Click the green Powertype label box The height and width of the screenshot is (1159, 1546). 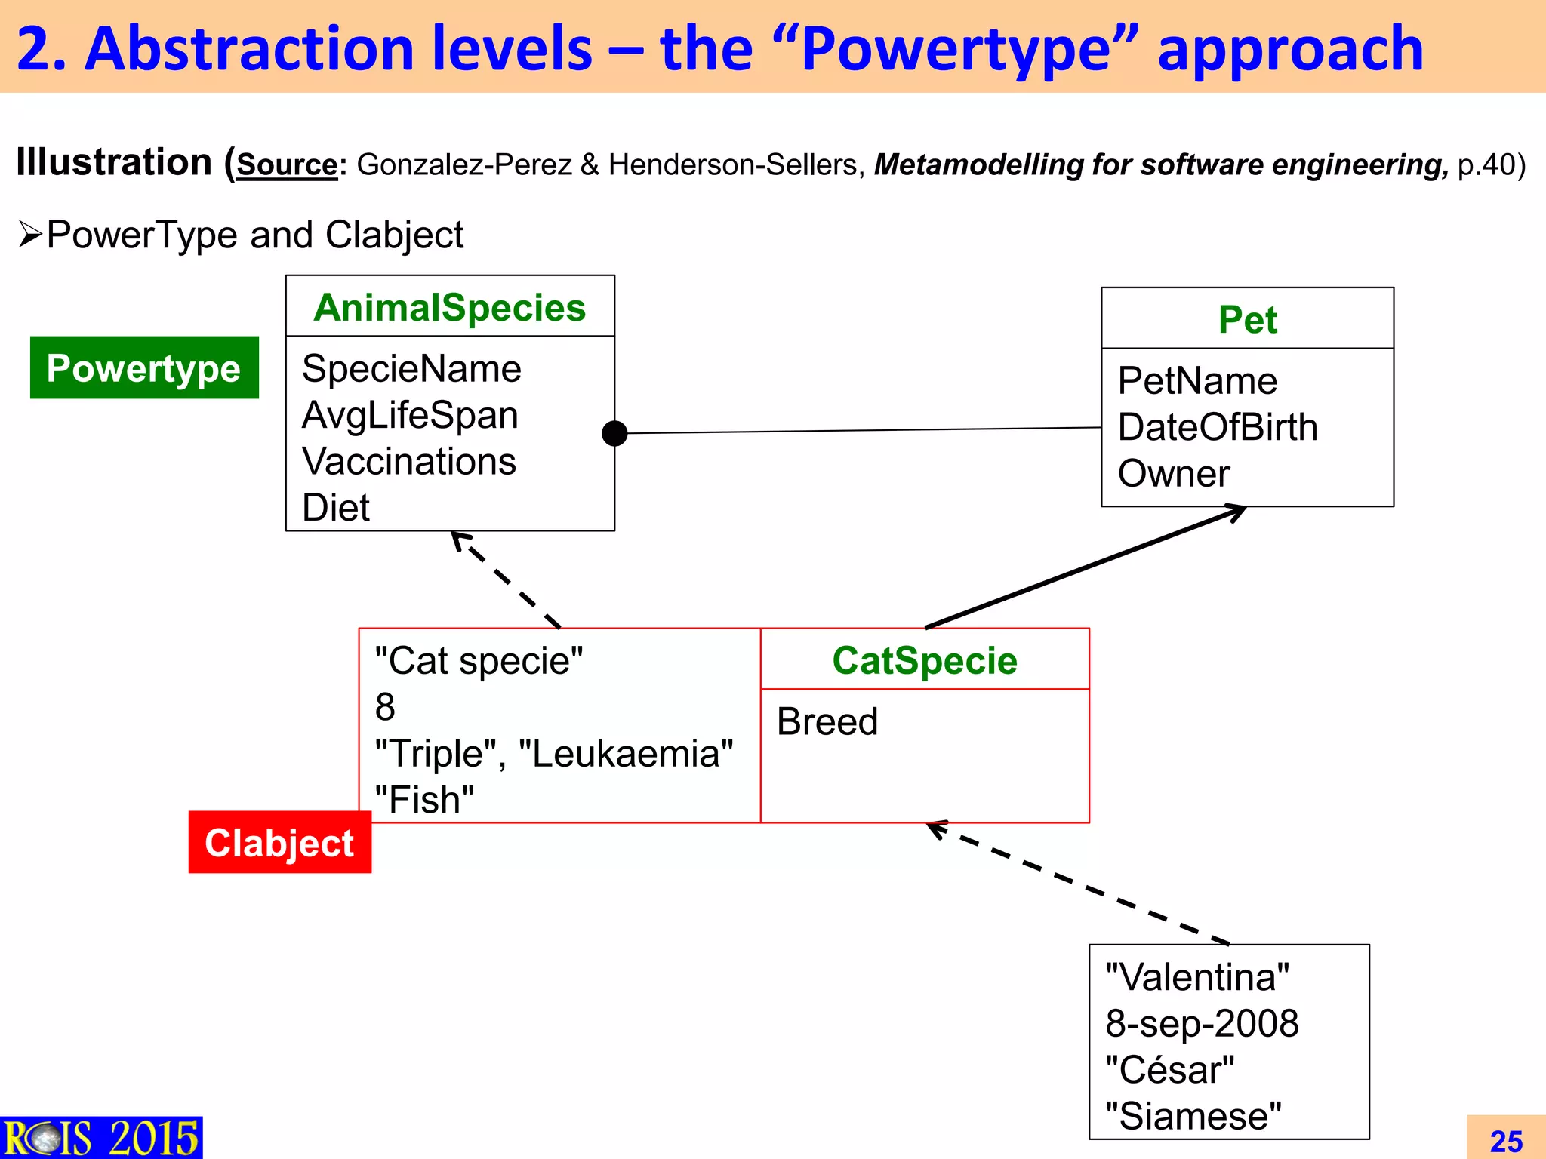[144, 367]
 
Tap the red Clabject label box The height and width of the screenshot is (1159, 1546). [279, 842]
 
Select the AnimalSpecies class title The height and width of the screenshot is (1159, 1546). [450, 307]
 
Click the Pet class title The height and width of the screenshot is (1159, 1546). [1247, 319]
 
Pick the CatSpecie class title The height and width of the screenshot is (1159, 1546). [925, 660]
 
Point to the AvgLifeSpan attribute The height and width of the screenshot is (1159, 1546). [410, 415]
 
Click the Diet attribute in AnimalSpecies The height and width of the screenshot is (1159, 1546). [336, 507]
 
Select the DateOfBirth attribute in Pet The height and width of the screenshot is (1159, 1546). [1218, 427]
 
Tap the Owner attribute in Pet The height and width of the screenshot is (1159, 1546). [1174, 474]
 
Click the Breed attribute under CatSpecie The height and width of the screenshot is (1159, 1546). [827, 721]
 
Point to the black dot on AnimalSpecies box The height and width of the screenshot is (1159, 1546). [614, 433]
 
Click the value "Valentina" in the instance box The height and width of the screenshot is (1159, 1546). [1197, 977]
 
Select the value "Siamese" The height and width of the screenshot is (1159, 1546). [1193, 1116]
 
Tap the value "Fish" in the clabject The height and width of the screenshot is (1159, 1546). [425, 800]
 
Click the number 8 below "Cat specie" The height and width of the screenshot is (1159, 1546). [385, 707]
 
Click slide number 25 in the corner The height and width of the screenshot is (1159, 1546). [1506, 1141]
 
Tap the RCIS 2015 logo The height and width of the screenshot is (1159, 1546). [101, 1138]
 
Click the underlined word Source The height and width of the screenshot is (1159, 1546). [288, 164]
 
